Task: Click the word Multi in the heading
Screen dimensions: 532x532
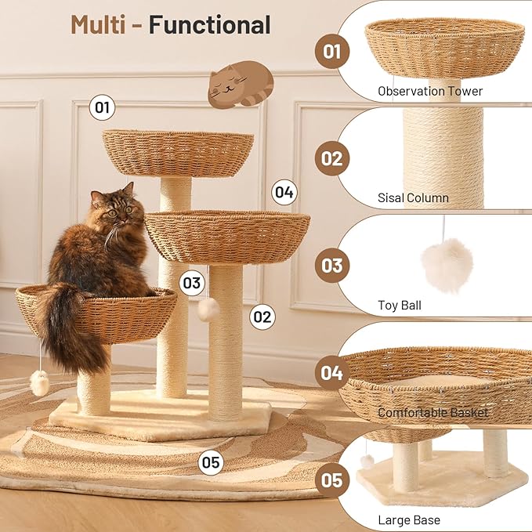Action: tap(98, 24)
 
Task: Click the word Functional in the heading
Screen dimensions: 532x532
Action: tap(209, 24)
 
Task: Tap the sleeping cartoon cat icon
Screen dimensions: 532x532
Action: tap(241, 85)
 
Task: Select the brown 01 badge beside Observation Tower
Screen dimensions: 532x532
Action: tap(332, 52)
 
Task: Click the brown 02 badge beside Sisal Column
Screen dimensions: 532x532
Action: tap(332, 159)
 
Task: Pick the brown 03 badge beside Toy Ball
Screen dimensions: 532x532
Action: tap(332, 265)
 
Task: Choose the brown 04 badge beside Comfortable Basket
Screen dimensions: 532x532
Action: tap(332, 373)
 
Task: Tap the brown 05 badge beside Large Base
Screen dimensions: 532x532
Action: tap(332, 479)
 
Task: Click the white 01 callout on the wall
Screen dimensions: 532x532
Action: tap(103, 107)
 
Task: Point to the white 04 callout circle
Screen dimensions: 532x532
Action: tap(284, 192)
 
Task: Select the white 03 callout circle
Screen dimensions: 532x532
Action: tap(193, 283)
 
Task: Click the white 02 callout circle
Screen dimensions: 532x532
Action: tap(262, 317)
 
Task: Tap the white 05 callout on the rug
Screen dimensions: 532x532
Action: tap(210, 462)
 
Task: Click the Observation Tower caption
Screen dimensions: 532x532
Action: tap(430, 91)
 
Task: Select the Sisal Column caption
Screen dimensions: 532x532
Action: tap(413, 198)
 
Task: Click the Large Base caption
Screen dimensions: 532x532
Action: tap(408, 519)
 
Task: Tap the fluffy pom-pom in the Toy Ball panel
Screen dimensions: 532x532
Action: tap(447, 266)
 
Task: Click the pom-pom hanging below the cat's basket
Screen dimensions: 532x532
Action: tap(39, 383)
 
